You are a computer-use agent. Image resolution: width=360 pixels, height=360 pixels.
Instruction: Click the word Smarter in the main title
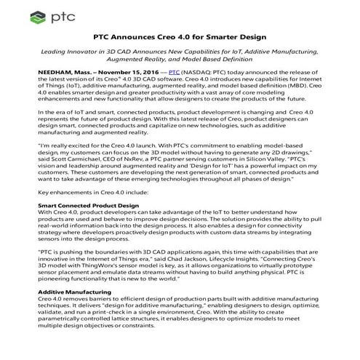[222, 36]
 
